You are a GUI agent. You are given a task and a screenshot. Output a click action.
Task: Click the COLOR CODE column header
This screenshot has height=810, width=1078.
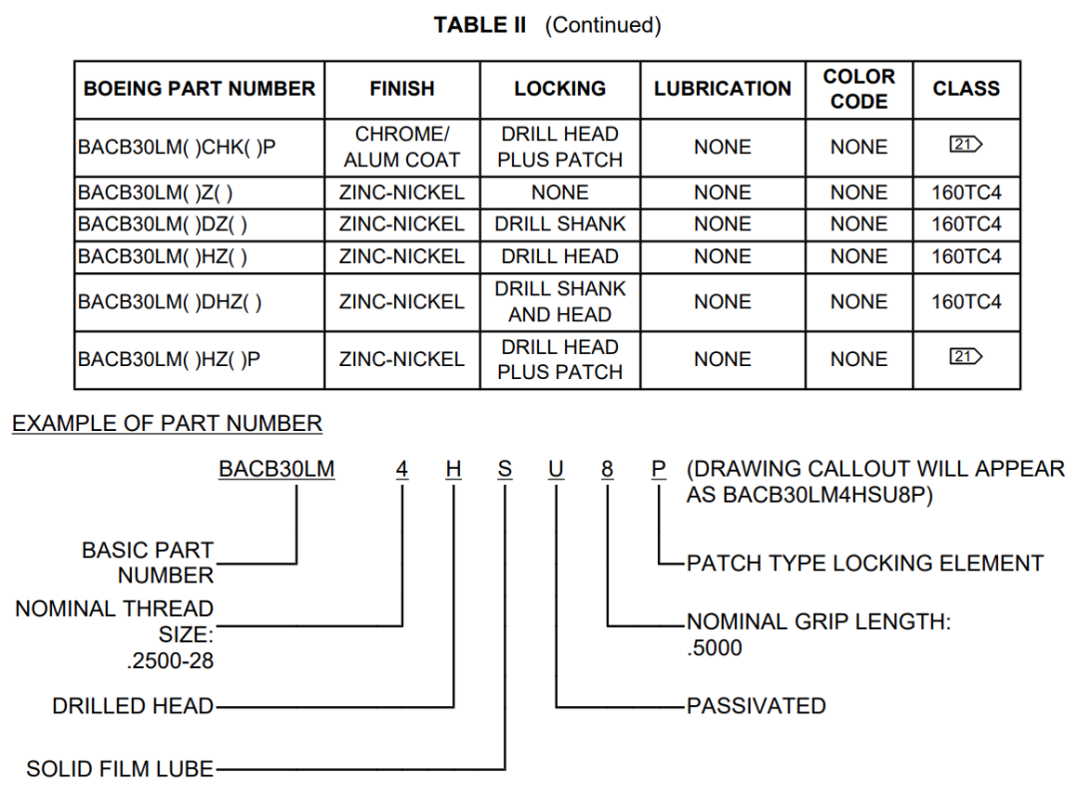point(858,89)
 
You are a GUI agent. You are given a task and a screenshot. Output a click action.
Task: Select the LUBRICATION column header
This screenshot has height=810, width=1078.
point(722,89)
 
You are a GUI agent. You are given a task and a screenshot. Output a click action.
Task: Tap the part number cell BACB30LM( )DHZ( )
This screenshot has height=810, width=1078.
point(170,301)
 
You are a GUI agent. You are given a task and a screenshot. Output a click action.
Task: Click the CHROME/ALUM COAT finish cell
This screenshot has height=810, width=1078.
point(401,147)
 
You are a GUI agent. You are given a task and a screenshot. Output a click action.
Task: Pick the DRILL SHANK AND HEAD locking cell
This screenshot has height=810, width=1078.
point(560,301)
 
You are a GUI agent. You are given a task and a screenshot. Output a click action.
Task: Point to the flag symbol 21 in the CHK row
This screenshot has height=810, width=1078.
point(965,146)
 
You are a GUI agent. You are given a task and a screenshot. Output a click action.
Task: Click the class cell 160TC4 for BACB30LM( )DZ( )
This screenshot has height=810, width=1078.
point(965,224)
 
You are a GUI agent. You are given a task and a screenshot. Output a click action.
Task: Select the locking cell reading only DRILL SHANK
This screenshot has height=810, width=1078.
point(560,224)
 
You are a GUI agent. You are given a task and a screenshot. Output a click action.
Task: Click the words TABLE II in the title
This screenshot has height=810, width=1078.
point(479,26)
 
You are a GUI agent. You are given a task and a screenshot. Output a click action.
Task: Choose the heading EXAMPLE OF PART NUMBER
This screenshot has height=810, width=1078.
point(167,424)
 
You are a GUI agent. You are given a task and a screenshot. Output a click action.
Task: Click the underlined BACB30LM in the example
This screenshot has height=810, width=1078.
point(276,470)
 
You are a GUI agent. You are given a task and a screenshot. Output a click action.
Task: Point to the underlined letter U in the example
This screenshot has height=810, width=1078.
point(556,470)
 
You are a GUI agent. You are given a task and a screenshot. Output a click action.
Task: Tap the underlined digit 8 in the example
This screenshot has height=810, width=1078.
point(607,470)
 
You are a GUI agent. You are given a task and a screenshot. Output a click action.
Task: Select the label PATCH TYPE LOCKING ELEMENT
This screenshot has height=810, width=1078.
point(864,564)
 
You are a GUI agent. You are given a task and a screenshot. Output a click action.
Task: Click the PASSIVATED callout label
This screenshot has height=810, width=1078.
point(756,706)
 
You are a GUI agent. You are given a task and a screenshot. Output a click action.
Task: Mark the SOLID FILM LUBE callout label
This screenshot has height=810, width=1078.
point(120,769)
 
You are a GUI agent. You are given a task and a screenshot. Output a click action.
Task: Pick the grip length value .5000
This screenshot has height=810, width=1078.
point(715,648)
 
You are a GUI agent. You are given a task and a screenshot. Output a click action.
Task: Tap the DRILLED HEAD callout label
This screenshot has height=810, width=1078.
point(133,706)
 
